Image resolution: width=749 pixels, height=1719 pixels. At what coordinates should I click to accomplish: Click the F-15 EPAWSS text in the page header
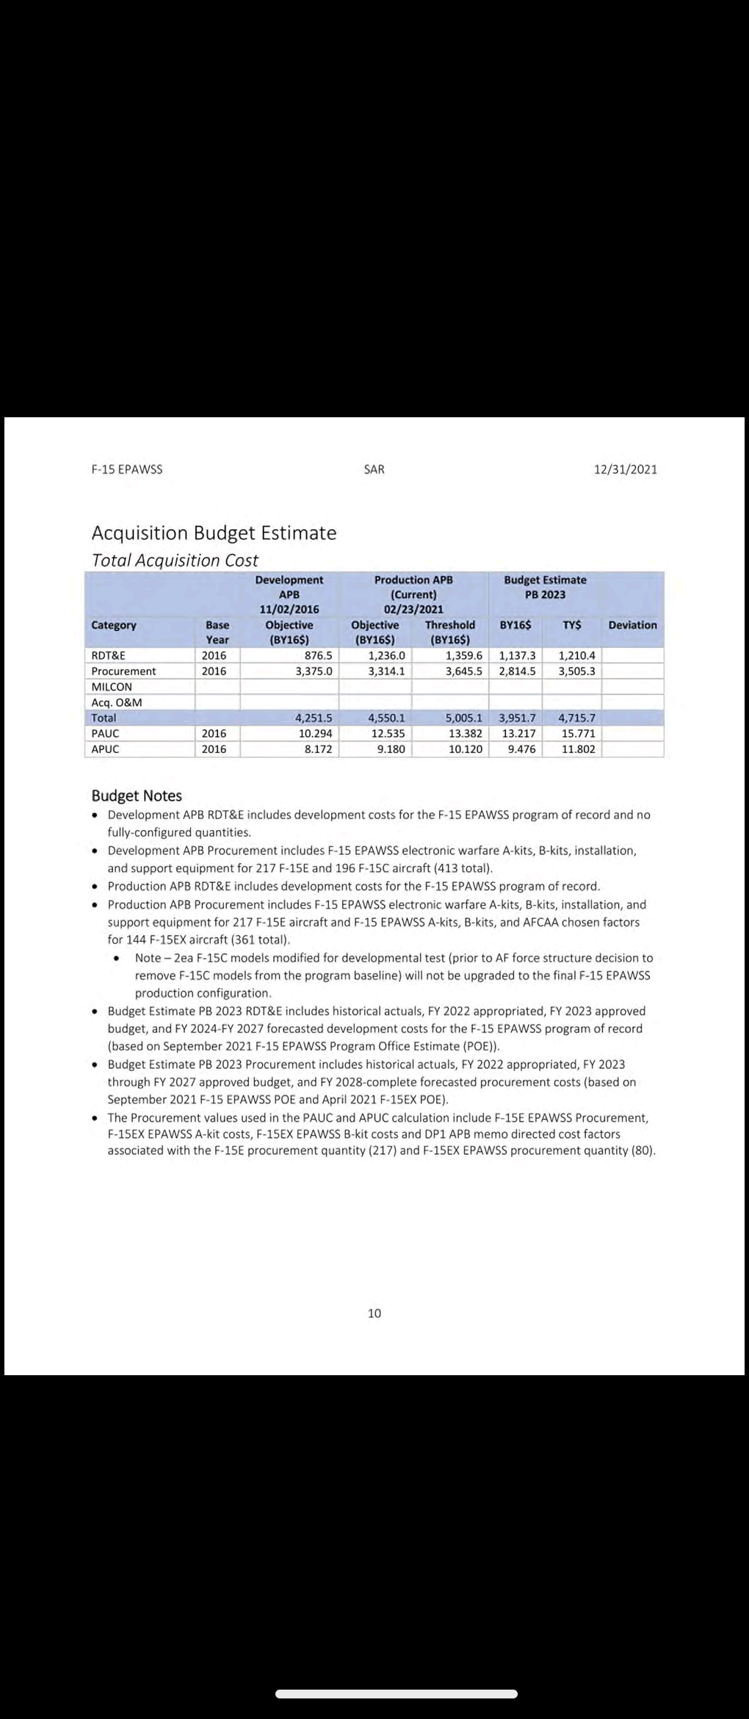click(127, 469)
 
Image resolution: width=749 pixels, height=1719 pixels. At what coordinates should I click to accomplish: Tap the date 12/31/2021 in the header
click(626, 469)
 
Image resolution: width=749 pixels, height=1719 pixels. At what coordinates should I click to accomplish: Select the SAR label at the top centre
click(374, 469)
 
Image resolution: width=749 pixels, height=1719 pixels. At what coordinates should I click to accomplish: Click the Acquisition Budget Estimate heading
click(214, 533)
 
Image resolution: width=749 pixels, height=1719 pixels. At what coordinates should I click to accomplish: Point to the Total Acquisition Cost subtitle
click(175, 560)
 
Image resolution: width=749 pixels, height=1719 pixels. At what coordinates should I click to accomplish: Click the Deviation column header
click(632, 625)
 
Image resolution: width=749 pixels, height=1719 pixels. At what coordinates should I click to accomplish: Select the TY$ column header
click(572, 625)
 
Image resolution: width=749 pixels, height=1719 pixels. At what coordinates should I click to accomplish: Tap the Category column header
click(114, 625)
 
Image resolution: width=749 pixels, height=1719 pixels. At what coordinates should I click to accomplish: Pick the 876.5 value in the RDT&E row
click(319, 655)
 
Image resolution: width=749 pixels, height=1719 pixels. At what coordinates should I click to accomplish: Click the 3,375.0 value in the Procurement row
click(314, 671)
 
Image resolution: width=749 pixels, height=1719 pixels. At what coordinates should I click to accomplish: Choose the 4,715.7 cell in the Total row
click(577, 718)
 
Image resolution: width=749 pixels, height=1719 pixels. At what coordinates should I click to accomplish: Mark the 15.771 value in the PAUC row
click(579, 733)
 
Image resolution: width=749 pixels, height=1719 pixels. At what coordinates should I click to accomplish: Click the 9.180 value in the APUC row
click(391, 749)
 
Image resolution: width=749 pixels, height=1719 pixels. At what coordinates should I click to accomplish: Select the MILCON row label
click(112, 687)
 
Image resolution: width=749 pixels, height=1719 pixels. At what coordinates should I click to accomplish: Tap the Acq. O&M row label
click(117, 702)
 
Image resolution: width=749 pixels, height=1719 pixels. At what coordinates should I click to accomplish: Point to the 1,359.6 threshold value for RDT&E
click(464, 655)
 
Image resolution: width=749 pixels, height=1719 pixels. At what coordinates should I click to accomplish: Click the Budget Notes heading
click(137, 796)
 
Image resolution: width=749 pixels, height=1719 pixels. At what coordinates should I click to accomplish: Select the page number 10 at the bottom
click(374, 1313)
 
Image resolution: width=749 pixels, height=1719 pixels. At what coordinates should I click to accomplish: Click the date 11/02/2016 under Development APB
click(289, 609)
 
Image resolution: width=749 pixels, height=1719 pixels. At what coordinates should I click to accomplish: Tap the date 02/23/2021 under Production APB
click(413, 609)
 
